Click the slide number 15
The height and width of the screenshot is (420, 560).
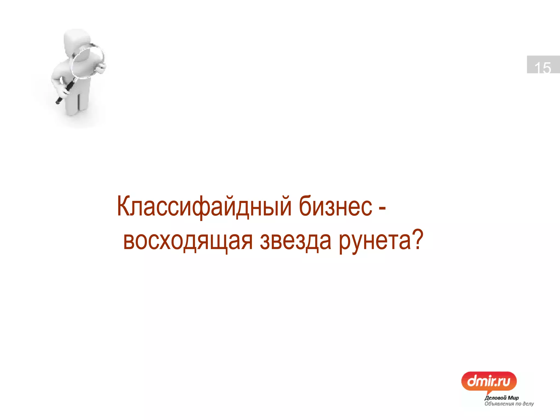pyautogui.click(x=542, y=67)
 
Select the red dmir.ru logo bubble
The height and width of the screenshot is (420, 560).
pyautogui.click(x=489, y=381)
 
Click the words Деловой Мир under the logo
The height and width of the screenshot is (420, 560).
pyautogui.click(x=501, y=398)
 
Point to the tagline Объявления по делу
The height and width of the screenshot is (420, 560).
pyautogui.click(x=509, y=404)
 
